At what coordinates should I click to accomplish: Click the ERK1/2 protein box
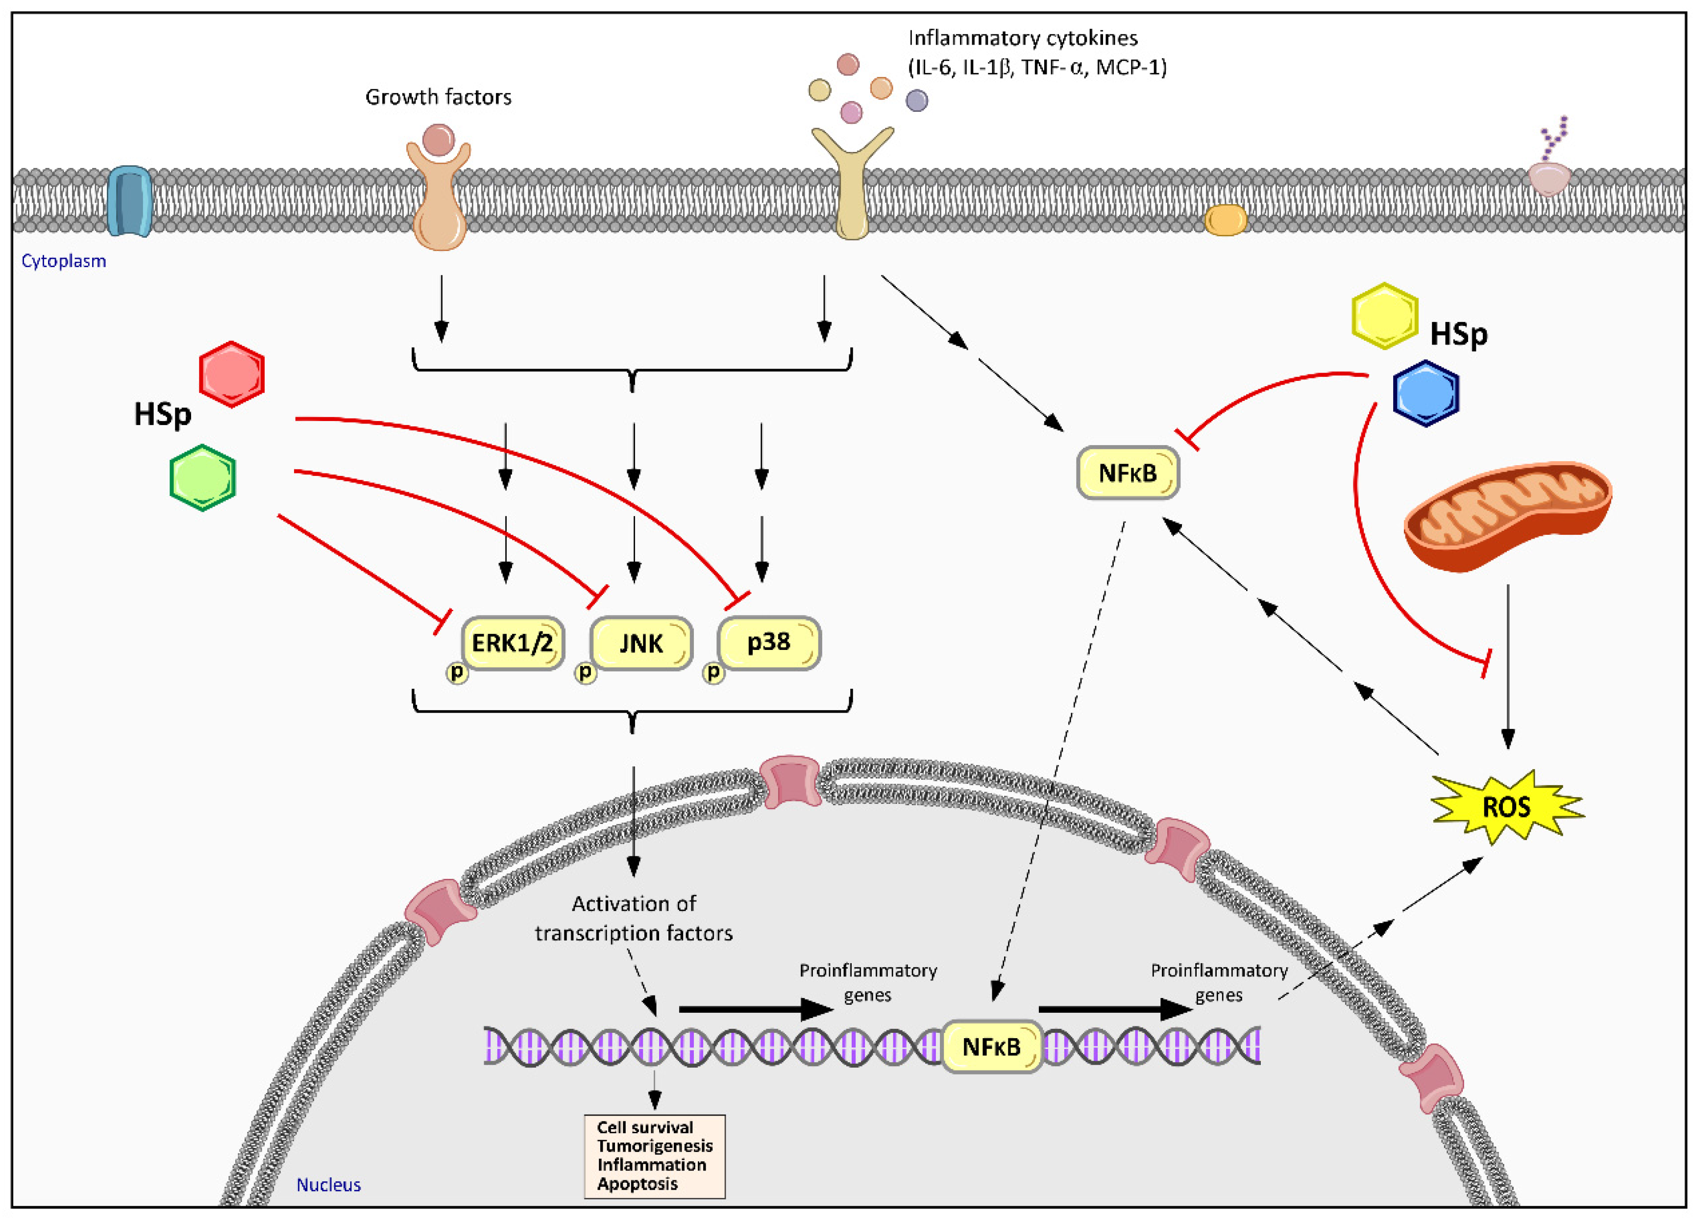pyautogui.click(x=513, y=642)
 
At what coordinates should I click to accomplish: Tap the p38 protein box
pyautogui.click(x=769, y=642)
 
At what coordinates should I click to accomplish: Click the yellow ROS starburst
pyautogui.click(x=1506, y=807)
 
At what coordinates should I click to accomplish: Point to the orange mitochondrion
pyautogui.click(x=1507, y=516)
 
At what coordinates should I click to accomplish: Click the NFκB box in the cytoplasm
pyautogui.click(x=1127, y=473)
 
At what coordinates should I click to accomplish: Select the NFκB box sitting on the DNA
pyautogui.click(x=991, y=1047)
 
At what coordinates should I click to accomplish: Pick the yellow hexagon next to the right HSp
pyautogui.click(x=1385, y=315)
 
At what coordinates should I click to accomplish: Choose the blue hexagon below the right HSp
pyautogui.click(x=1426, y=393)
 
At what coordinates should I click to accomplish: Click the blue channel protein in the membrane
pyautogui.click(x=129, y=201)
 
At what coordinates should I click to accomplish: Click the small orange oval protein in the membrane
pyautogui.click(x=1226, y=221)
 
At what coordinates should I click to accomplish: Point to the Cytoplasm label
pyautogui.click(x=64, y=261)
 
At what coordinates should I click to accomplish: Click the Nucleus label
pyautogui.click(x=328, y=1185)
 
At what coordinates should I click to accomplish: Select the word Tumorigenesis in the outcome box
pyautogui.click(x=655, y=1146)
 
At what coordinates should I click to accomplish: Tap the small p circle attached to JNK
pyautogui.click(x=585, y=673)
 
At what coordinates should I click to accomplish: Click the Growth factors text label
pyautogui.click(x=438, y=97)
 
